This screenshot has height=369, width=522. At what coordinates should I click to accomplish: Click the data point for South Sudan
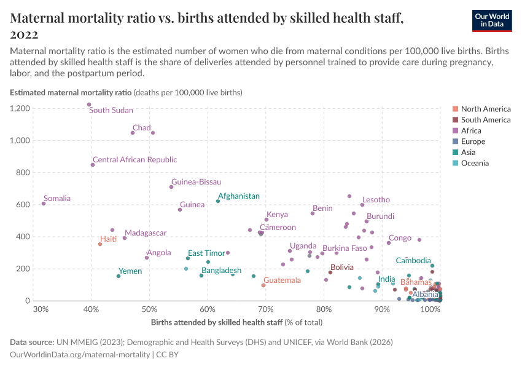tap(89, 105)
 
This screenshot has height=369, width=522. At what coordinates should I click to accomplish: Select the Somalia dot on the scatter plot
tap(44, 204)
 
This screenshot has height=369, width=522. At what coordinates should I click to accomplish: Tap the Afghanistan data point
tap(218, 201)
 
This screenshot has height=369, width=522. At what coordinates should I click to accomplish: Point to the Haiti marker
tap(100, 244)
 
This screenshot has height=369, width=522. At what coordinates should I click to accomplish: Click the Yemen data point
tap(119, 276)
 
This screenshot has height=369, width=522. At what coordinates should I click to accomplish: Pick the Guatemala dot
tap(263, 285)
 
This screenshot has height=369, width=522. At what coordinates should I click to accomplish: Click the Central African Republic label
tap(134, 160)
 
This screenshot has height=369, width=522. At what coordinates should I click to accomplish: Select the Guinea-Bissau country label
tap(197, 182)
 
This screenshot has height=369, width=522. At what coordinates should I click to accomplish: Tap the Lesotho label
tap(376, 200)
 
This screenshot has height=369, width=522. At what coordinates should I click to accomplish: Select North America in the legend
tap(485, 109)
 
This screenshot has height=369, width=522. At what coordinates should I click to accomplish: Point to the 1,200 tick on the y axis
tap(20, 108)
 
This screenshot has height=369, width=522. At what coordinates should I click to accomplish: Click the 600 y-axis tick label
tap(23, 205)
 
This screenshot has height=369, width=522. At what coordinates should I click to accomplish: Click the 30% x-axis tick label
tap(41, 309)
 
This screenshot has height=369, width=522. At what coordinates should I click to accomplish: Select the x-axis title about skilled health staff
tap(236, 322)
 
